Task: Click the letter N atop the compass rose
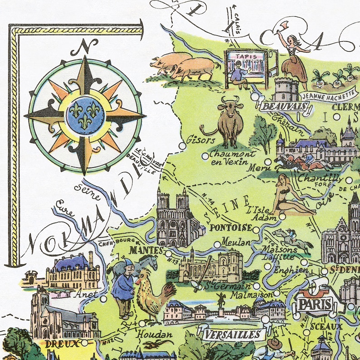pyautogui.click(x=85, y=46)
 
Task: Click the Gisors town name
pyautogui.click(x=199, y=140)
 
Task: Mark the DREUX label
pyautogui.click(x=62, y=344)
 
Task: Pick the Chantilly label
pyautogui.click(x=320, y=178)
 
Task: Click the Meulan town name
pyautogui.click(x=235, y=243)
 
